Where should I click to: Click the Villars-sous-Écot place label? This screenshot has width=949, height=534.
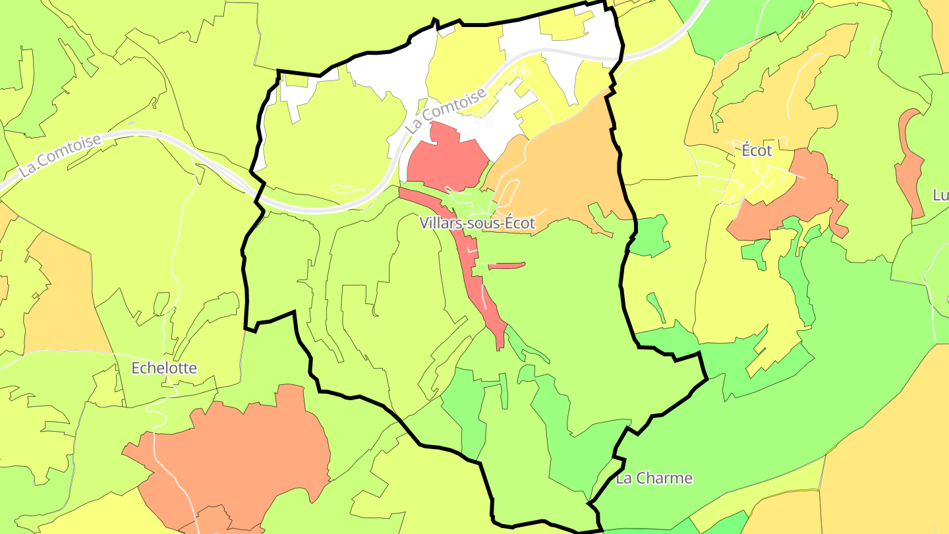(477, 223)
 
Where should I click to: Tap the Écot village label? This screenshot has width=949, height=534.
(757, 150)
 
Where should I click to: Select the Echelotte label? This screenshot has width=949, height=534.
(164, 368)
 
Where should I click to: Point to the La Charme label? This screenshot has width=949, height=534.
(654, 479)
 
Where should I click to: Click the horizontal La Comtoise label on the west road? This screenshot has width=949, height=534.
(60, 156)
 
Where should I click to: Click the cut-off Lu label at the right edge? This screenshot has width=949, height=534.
(940, 195)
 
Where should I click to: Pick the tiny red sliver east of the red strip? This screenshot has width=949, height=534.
(507, 266)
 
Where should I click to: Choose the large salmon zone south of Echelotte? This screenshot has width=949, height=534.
(237, 455)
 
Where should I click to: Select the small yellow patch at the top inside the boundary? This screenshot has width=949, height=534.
(563, 26)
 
